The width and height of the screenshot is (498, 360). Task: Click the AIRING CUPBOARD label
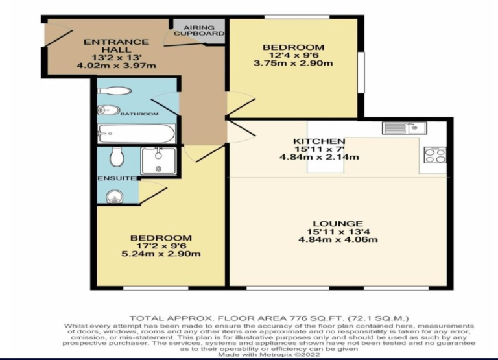click(199, 30)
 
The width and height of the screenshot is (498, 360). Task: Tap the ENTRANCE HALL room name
click(116, 46)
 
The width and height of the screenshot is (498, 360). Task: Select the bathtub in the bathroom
click(137, 134)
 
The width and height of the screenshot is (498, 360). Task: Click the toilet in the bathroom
click(114, 91)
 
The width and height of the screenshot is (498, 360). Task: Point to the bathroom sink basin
click(109, 110)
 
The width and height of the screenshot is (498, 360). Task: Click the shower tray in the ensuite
click(158, 161)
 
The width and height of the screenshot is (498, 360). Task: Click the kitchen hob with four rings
click(435, 155)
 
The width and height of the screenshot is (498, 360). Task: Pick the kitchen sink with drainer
click(405, 128)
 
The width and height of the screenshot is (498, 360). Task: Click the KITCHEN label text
click(319, 141)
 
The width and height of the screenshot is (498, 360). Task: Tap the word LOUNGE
click(338, 224)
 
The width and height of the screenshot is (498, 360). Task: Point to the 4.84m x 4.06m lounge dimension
click(338, 239)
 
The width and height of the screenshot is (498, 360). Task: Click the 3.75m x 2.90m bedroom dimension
click(293, 63)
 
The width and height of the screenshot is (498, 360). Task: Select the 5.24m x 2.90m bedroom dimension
click(161, 254)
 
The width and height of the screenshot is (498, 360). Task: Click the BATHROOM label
click(139, 114)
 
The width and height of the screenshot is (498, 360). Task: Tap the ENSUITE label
click(117, 178)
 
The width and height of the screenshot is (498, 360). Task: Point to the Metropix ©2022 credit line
click(268, 354)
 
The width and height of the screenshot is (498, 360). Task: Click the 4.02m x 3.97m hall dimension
click(116, 66)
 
